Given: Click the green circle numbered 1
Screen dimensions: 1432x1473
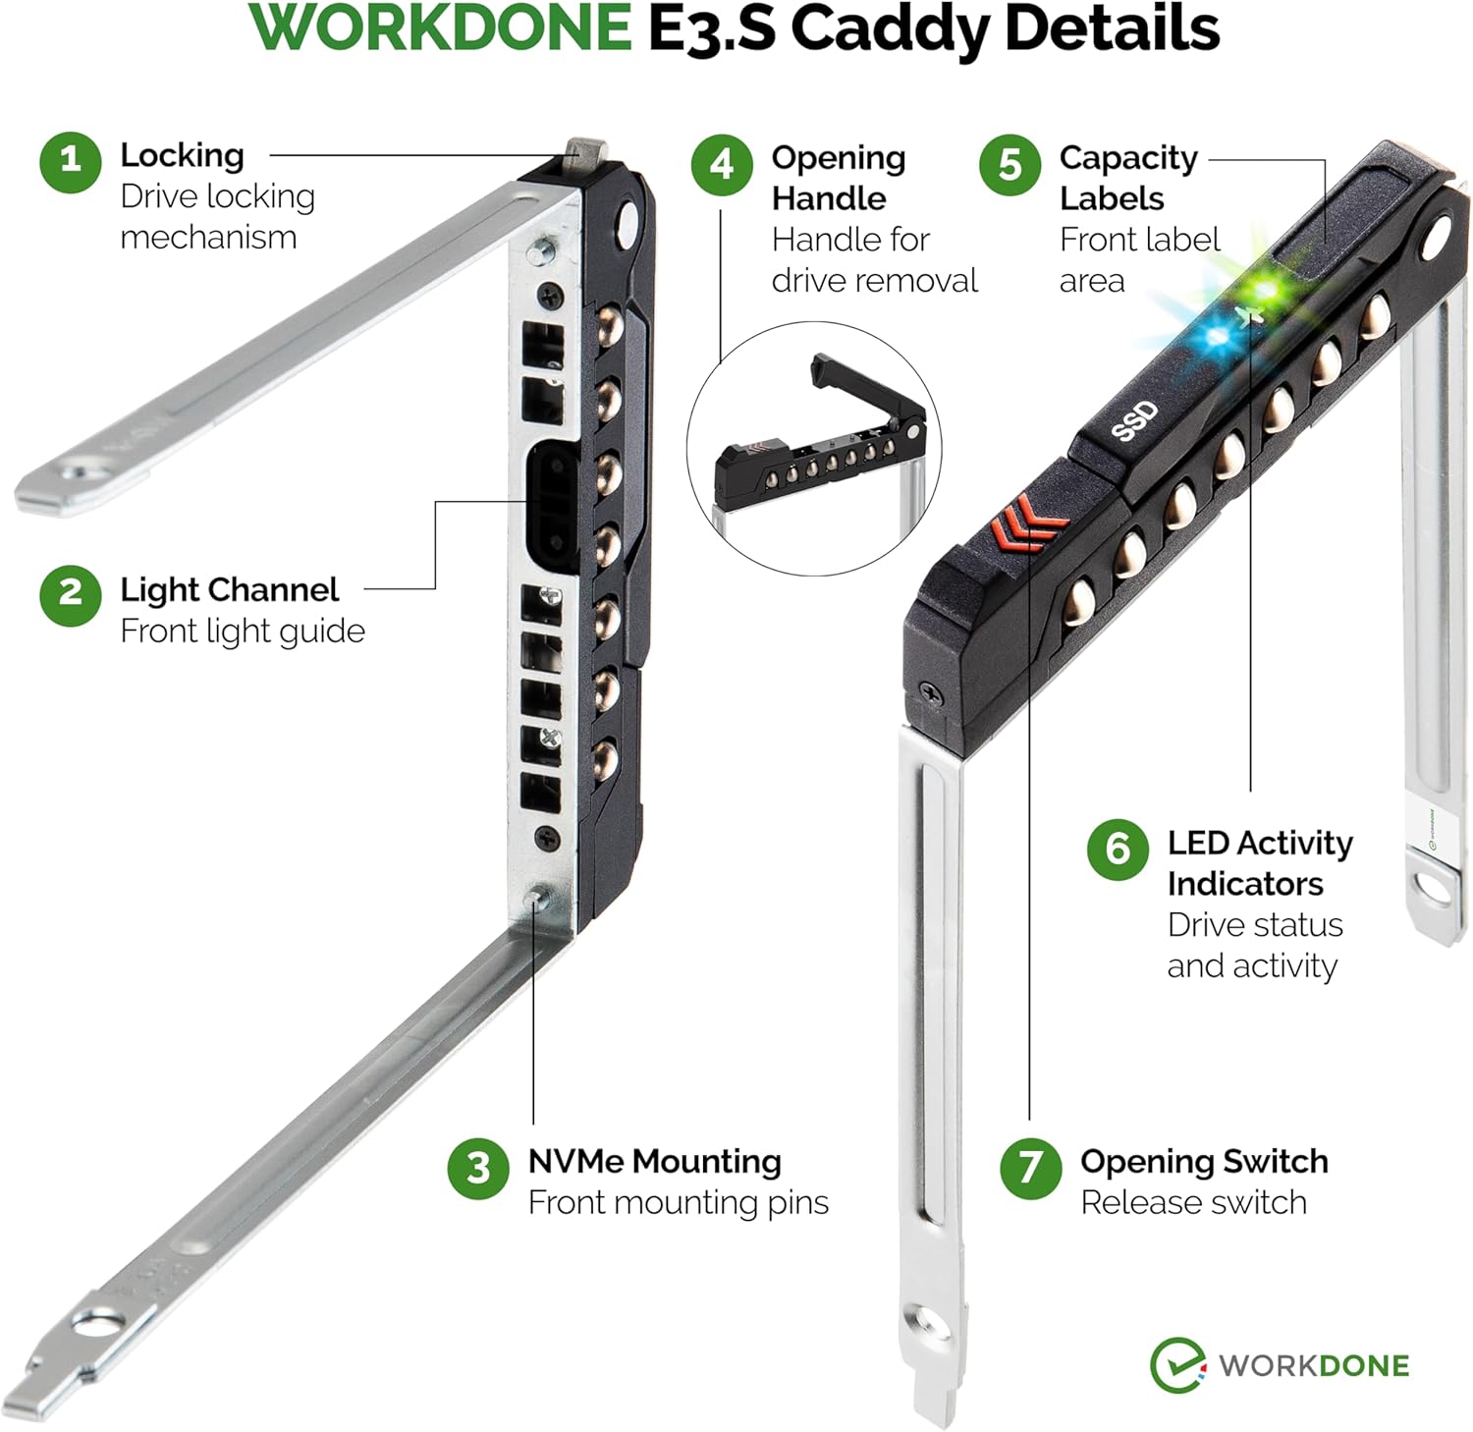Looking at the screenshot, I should click(x=70, y=162).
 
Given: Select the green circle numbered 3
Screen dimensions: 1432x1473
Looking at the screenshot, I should click(x=477, y=1168).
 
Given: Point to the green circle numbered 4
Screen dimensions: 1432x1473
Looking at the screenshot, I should click(x=722, y=165).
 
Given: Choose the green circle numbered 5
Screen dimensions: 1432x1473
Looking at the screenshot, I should click(x=1009, y=165).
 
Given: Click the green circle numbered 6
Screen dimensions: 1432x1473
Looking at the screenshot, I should click(x=1118, y=849).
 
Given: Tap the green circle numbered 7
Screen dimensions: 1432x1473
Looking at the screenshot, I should click(x=1030, y=1168).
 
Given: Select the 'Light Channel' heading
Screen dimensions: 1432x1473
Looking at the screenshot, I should click(x=229, y=589).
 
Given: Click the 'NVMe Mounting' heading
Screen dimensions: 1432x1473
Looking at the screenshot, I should click(x=654, y=1161).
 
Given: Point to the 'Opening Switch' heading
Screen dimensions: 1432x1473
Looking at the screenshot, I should click(x=1204, y=1161).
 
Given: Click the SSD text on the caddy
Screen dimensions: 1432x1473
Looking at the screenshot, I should click(x=1134, y=421).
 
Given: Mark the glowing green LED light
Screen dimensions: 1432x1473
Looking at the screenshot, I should click(x=1265, y=291).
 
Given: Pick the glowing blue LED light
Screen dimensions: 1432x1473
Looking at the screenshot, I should click(x=1218, y=337).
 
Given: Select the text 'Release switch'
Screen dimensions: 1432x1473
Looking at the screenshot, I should click(x=1193, y=1202).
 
